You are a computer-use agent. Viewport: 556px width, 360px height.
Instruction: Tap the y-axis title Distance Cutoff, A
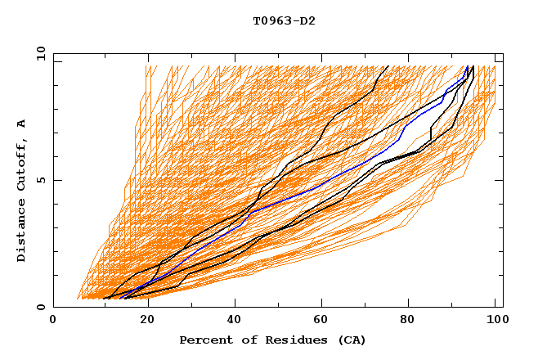[22, 191]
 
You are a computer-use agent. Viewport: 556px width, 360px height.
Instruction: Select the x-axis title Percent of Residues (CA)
[272, 340]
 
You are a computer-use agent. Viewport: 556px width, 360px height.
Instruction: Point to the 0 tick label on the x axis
[53, 320]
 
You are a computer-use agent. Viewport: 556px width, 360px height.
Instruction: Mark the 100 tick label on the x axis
[495, 320]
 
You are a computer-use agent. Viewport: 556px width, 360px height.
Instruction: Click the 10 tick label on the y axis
[39, 53]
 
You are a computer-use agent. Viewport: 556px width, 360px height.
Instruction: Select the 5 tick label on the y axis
[43, 180]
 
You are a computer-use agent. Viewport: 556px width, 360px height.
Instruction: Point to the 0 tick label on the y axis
[43, 307]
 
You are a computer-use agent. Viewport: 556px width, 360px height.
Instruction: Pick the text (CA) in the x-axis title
[351, 340]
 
